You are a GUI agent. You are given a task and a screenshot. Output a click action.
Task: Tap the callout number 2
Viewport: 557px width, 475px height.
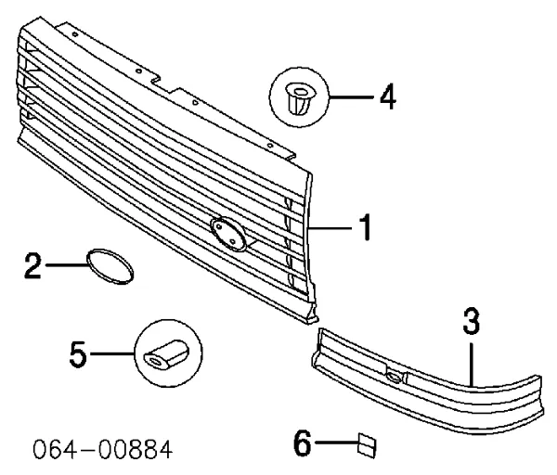32,265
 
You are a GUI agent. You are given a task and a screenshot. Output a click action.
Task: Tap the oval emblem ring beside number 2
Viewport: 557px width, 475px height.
110,265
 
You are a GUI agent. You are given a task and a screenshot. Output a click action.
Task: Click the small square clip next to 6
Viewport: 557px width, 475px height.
365,445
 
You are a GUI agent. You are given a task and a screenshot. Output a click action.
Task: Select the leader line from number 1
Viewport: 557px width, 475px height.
329,227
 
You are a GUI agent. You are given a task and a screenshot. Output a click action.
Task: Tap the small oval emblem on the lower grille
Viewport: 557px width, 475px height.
394,377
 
